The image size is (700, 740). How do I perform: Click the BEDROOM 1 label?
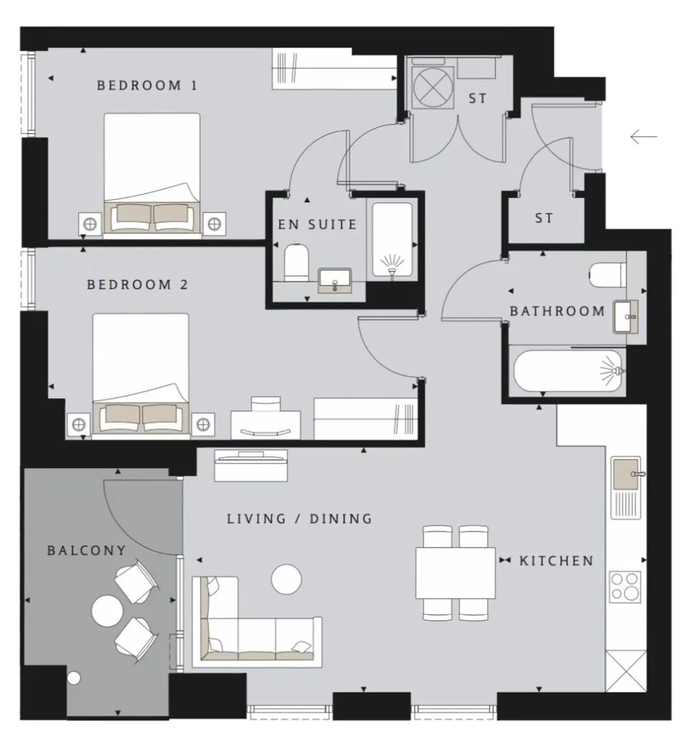[x=147, y=85]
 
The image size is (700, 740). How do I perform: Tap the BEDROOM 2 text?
[x=137, y=284]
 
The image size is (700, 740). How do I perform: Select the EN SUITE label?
[x=317, y=224]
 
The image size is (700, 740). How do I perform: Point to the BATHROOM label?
[x=557, y=311]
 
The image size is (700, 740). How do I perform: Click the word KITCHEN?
[x=556, y=561]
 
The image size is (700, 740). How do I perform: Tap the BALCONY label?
[x=86, y=550]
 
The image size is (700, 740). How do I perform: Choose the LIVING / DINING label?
[x=299, y=519]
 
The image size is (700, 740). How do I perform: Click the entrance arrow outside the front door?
[x=644, y=137]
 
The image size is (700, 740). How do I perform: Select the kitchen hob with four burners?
[x=625, y=587]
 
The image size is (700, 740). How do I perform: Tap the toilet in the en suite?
[x=296, y=262]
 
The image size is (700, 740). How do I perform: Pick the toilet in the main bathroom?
[x=607, y=275]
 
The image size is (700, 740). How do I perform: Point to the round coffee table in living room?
[x=286, y=579]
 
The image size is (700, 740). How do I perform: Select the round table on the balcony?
[x=107, y=611]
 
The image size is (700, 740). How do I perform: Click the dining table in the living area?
[x=455, y=573]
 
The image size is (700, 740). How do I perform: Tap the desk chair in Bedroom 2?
[x=266, y=404]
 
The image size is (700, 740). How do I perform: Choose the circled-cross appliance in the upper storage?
[x=432, y=87]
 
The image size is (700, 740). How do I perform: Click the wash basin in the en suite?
[x=335, y=281]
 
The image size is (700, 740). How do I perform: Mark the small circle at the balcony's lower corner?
[x=74, y=678]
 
